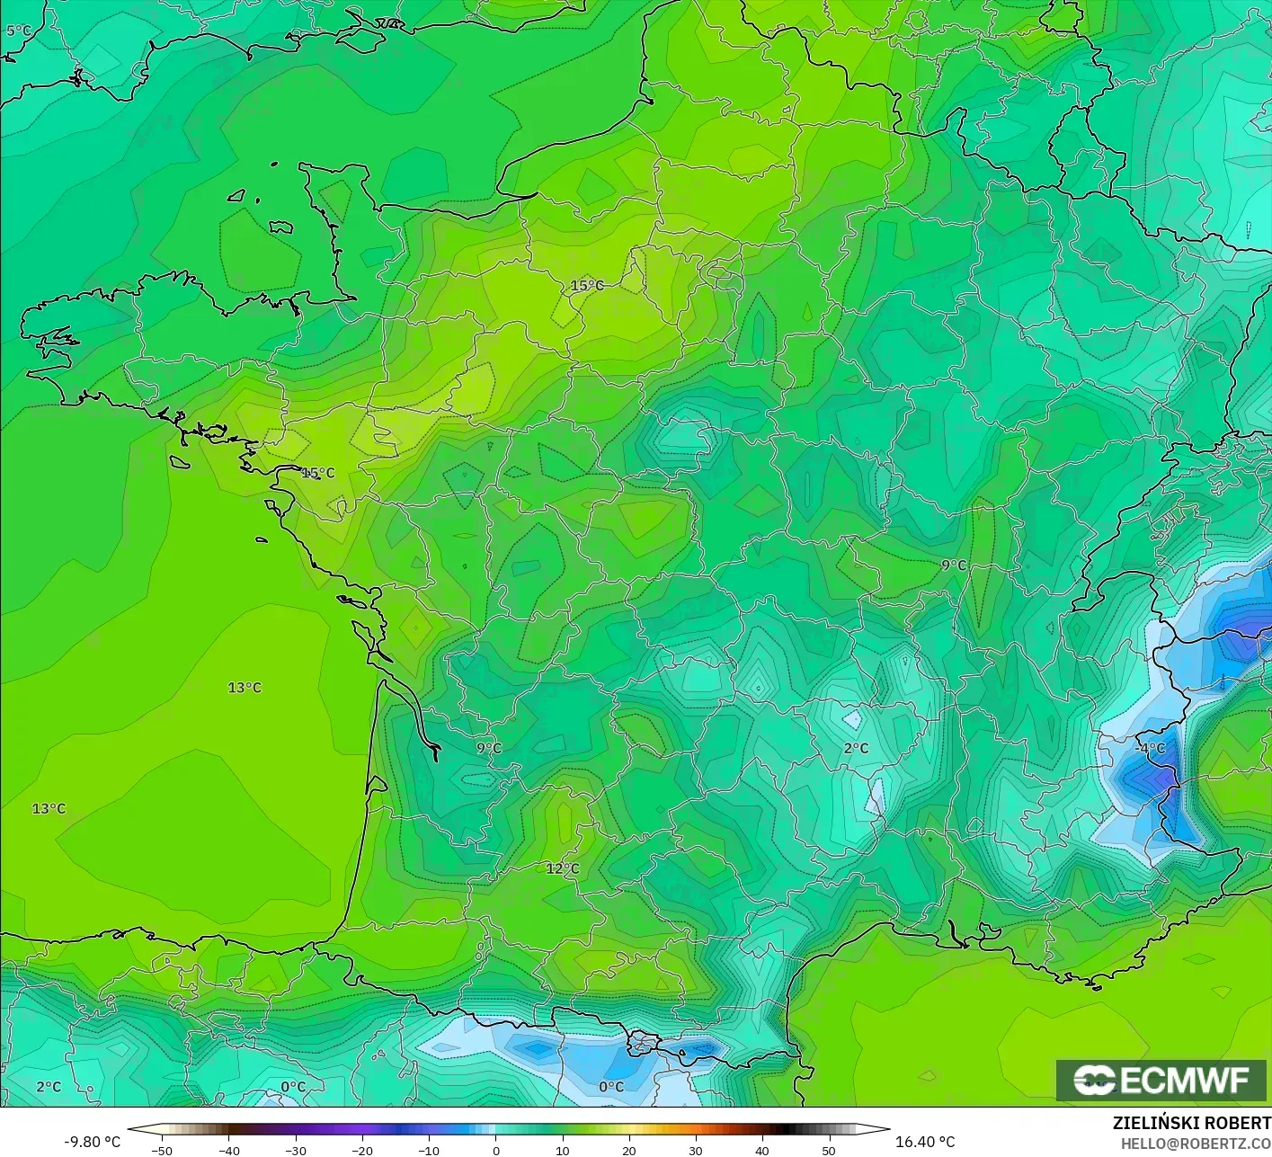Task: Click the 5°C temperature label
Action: tap(18, 31)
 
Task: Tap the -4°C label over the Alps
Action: tap(1151, 748)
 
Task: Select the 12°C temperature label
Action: tap(563, 868)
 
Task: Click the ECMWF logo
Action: tap(1161, 1080)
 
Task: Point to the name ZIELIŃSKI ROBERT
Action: tap(1191, 1123)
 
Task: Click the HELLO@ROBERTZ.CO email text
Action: tap(1196, 1144)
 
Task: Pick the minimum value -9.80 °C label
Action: tap(92, 1142)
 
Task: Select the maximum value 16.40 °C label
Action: tap(925, 1142)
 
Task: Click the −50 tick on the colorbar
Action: tap(162, 1151)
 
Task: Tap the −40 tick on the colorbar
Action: tap(229, 1151)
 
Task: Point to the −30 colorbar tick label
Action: tap(296, 1151)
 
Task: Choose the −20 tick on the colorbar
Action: tap(362, 1151)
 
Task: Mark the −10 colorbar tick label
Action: tap(429, 1151)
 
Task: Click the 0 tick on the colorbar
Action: tap(496, 1151)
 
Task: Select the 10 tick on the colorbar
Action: tap(563, 1151)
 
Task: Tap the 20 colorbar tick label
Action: tap(629, 1151)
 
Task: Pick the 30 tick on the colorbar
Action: tap(696, 1151)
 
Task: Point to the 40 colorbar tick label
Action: tap(762, 1151)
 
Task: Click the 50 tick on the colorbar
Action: tap(829, 1151)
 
